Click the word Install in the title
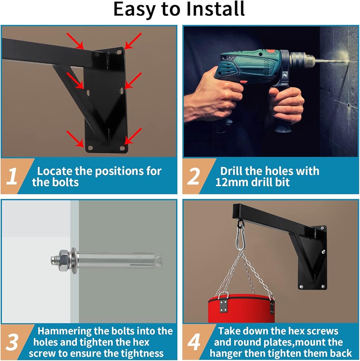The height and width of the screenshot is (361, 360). coord(215,9)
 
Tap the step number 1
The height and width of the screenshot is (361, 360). coord(12,176)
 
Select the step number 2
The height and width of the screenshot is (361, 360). coord(194,176)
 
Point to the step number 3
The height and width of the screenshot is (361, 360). coord(12,342)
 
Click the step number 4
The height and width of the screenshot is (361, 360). coord(194,342)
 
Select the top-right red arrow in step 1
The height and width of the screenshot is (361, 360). coord(133,41)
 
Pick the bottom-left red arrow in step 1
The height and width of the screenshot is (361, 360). coord(75,139)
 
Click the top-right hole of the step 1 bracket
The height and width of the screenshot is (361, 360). coord(119,52)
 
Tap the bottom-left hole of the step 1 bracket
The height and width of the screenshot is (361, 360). coord(90,148)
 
